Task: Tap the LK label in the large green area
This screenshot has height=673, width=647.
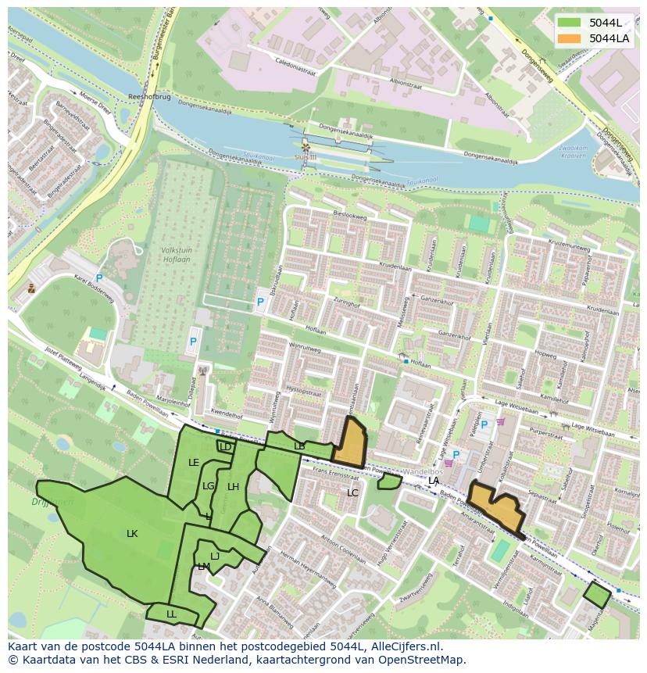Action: point(132,534)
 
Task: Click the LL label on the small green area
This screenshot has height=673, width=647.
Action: point(171,614)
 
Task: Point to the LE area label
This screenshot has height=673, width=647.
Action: point(194,463)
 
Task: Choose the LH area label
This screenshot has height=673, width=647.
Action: point(233,487)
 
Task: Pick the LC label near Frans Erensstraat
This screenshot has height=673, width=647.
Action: point(352,493)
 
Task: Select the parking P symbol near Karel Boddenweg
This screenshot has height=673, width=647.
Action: point(99,278)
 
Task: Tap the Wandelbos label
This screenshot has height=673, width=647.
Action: point(423,473)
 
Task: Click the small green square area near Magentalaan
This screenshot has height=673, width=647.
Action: point(597,596)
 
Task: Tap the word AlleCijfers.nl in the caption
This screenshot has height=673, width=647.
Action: point(406,646)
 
